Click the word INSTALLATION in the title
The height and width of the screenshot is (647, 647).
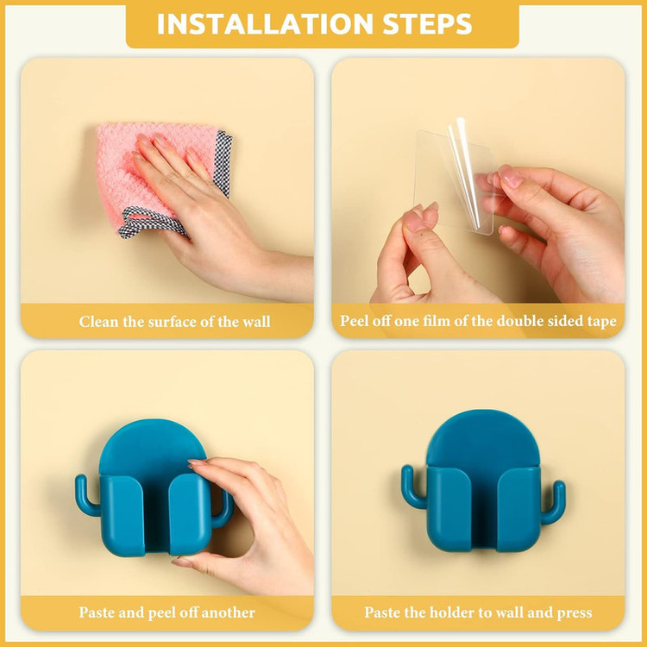[265, 24]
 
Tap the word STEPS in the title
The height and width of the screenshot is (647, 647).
[428, 24]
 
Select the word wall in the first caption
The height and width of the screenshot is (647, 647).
[256, 322]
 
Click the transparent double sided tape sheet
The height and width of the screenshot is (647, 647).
[454, 181]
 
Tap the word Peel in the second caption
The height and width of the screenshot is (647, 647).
[354, 321]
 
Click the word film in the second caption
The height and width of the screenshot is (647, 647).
[437, 321]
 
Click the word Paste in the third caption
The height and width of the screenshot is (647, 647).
[97, 612]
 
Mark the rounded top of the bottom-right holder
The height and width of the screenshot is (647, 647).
[483, 437]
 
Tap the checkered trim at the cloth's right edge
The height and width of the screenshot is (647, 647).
[223, 163]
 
